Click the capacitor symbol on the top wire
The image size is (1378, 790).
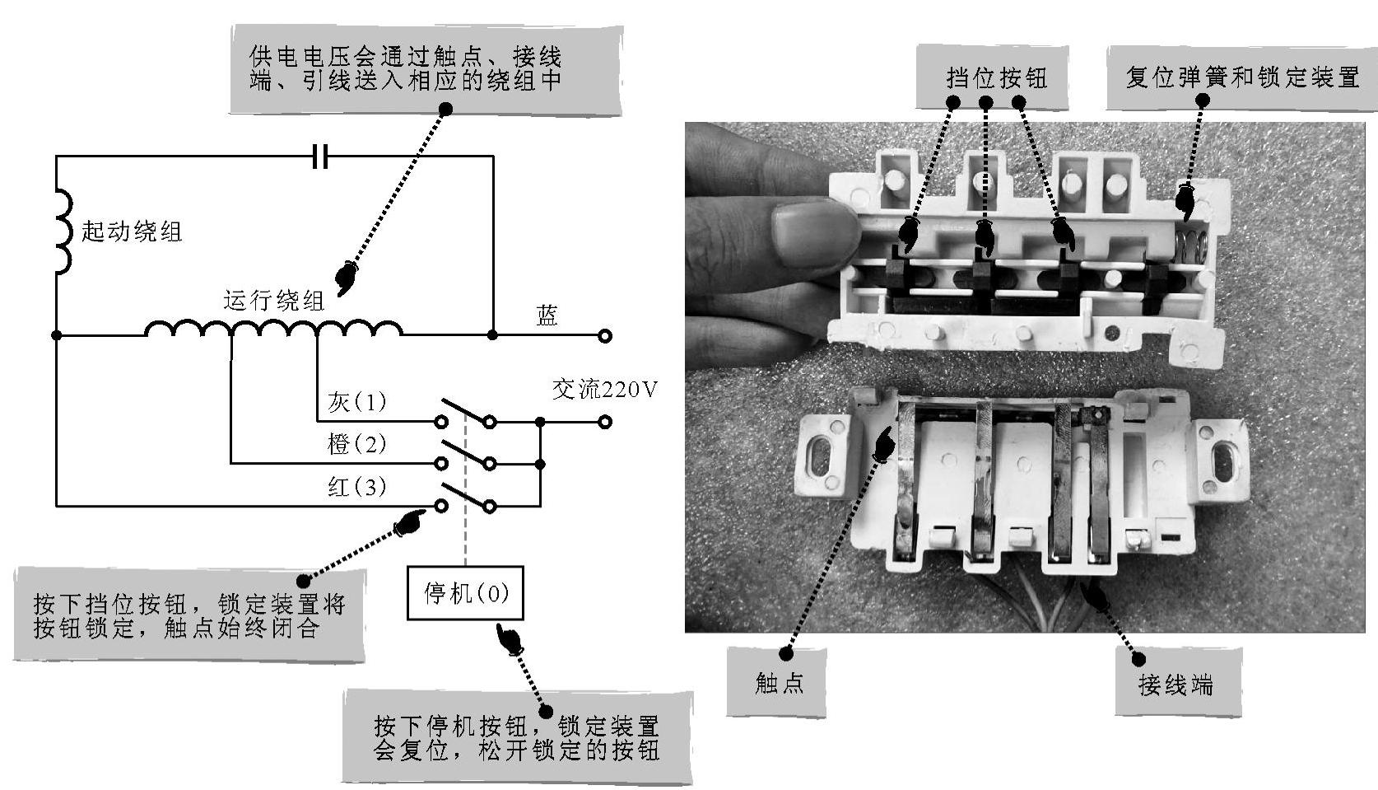point(320,156)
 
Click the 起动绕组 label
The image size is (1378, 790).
point(132,231)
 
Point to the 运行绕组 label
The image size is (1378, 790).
point(273,300)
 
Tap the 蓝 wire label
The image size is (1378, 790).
point(547,316)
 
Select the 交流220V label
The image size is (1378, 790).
point(604,389)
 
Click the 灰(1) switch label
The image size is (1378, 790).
point(356,402)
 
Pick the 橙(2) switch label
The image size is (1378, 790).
point(356,445)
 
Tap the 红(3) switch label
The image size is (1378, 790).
point(356,487)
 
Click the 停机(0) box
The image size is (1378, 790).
point(465,592)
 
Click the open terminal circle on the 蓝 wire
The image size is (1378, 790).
point(605,335)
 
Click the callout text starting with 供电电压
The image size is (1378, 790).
point(406,68)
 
